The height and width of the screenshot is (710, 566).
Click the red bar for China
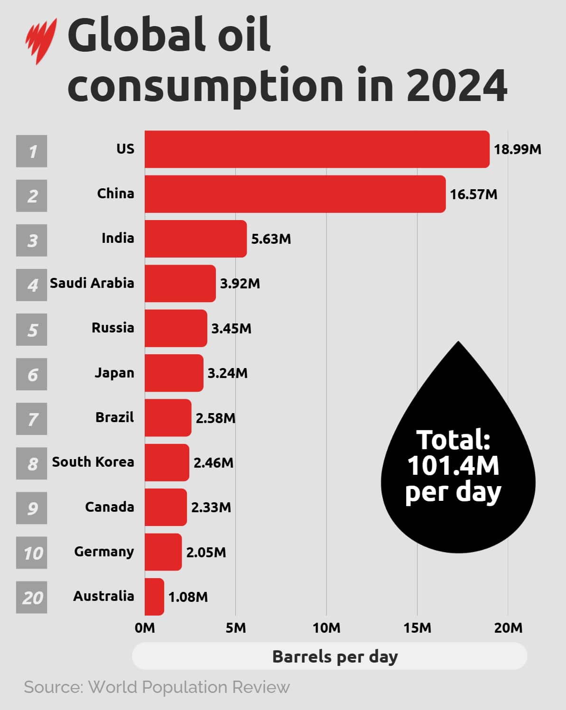point(295,194)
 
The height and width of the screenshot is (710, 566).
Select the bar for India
point(195,239)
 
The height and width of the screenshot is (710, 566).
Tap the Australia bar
point(154,597)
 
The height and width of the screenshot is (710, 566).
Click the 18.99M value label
point(517,149)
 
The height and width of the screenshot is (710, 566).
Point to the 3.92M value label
point(240,284)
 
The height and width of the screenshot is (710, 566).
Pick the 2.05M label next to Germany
point(206,552)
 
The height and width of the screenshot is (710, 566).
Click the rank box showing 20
point(32,597)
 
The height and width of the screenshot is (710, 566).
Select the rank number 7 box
point(32,419)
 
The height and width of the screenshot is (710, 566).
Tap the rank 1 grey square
point(32,151)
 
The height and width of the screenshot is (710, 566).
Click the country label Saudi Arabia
point(92,283)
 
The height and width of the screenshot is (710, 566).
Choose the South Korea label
point(93,462)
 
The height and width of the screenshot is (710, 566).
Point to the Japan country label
point(114,373)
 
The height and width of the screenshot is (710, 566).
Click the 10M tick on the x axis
point(326,628)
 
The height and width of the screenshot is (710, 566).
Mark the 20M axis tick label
point(508,628)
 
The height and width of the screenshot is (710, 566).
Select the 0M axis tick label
point(145,628)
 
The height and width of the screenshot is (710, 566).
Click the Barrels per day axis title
point(335,656)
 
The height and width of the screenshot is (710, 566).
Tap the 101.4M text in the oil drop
point(453,466)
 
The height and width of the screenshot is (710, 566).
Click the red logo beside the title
point(41,40)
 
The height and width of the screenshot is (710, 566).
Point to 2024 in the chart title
point(456,86)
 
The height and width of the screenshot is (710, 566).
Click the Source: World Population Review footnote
point(157,687)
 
